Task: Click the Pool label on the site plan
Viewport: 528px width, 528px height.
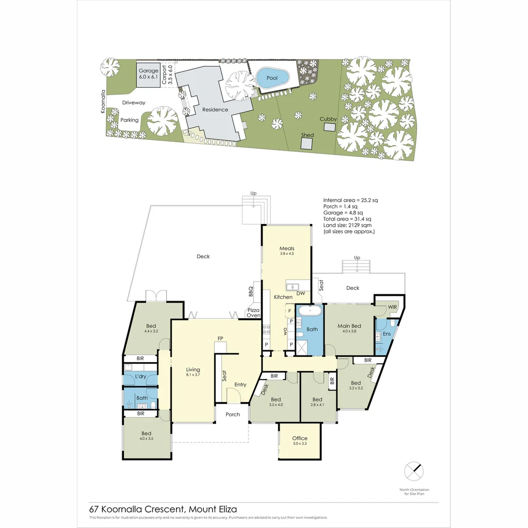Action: tap(272, 78)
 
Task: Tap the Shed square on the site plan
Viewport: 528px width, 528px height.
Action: tap(307, 144)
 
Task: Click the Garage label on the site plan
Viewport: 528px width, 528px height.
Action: tap(148, 71)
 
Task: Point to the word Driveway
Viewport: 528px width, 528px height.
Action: tap(134, 103)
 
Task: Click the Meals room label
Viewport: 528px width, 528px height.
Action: tap(287, 248)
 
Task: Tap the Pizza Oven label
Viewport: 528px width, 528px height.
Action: tap(253, 313)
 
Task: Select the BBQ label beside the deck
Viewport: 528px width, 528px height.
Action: tap(251, 291)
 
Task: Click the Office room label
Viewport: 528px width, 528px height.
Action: tap(300, 438)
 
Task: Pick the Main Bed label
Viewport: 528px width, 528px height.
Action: tap(350, 326)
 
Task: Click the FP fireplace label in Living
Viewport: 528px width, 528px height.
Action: tap(220, 338)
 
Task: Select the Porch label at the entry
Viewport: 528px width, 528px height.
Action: tap(233, 415)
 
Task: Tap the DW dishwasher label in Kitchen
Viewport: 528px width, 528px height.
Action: tap(301, 293)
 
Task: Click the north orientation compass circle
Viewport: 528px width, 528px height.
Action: tap(414, 471)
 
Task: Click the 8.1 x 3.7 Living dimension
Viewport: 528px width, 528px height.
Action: tap(193, 375)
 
